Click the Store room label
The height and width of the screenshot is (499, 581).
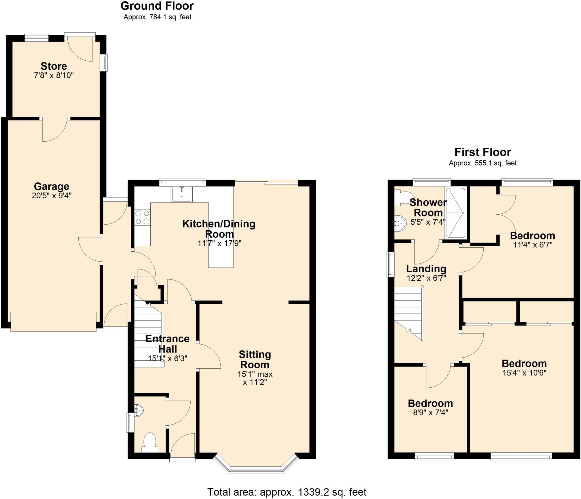click(54, 66)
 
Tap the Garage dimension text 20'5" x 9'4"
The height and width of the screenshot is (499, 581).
click(52, 196)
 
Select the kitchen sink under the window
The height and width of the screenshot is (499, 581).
click(182, 194)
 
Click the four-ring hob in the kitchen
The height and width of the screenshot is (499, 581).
click(142, 217)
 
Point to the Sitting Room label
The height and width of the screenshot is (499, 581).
click(255, 359)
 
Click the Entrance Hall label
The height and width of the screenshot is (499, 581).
click(167, 343)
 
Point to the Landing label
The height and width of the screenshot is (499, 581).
click(426, 269)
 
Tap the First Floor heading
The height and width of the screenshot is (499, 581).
click(483, 152)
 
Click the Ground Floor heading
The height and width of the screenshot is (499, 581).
click(157, 6)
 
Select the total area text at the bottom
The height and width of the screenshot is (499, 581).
click(287, 492)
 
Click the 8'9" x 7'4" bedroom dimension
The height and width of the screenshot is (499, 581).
click(430, 412)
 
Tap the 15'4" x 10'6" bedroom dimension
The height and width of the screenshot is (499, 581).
click(524, 373)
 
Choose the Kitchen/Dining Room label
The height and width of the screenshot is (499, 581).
click(219, 229)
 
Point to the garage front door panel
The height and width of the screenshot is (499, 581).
click(53, 322)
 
